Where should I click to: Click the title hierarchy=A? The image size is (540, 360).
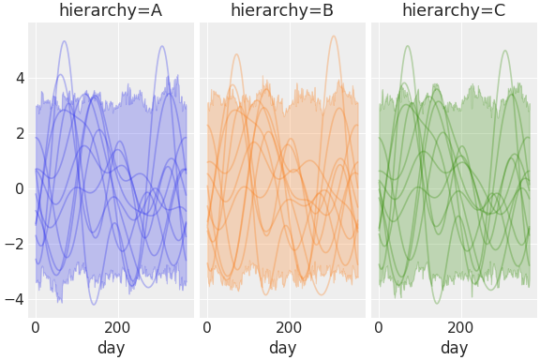(x=111, y=11)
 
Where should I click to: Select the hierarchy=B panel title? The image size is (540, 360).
(x=282, y=11)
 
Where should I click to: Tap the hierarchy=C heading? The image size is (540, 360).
(x=454, y=11)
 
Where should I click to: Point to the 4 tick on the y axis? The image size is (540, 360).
(x=18, y=78)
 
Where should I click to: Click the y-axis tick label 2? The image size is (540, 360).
(x=18, y=133)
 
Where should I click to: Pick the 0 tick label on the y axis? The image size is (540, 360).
(x=18, y=188)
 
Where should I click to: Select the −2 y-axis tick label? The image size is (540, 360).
(x=13, y=244)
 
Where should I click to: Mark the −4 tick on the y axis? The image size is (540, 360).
(x=13, y=299)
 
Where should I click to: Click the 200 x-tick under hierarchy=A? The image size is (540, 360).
(x=118, y=328)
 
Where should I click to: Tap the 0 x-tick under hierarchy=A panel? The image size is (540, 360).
(x=36, y=328)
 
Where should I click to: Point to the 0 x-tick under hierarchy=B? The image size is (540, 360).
(x=207, y=328)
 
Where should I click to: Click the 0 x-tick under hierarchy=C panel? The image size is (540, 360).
(x=379, y=328)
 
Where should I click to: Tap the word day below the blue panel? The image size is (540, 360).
(x=111, y=348)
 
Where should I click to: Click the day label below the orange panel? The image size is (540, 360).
(x=282, y=348)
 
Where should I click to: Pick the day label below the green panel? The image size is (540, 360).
(x=454, y=348)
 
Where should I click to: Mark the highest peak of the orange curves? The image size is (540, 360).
(x=333, y=37)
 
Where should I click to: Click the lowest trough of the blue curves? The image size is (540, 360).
(x=94, y=305)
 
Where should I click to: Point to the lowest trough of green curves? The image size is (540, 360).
(x=437, y=303)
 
